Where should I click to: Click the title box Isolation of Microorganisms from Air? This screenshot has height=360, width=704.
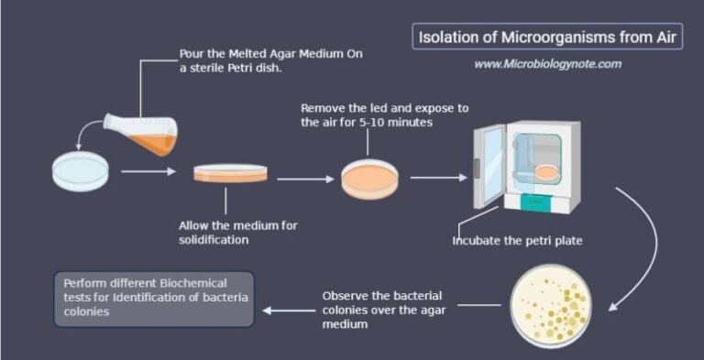pos(546,37)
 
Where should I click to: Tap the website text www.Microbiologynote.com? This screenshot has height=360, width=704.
pos(547,64)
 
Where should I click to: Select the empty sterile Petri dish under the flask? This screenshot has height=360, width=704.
pos(82,171)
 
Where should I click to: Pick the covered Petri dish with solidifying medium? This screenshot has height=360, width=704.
pos(230,172)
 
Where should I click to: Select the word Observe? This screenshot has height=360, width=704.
pos(348,296)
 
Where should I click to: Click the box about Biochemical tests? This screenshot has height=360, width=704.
pos(153,297)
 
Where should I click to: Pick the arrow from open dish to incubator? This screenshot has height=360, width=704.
pos(438,178)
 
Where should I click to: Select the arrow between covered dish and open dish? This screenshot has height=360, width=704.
pos(305,179)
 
